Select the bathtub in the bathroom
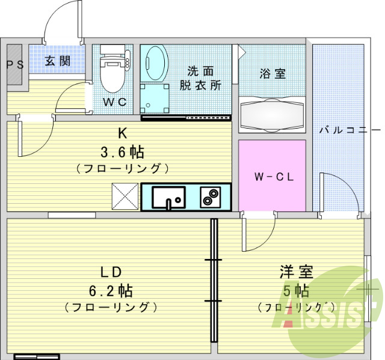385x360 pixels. [x=272, y=115]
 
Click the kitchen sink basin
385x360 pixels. [x=168, y=197]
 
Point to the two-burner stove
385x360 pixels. [x=211, y=197]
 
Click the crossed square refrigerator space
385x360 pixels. [x=125, y=196]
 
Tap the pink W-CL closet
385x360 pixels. [x=272, y=175]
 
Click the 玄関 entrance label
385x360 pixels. [x=58, y=61]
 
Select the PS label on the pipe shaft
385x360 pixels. [x=15, y=65]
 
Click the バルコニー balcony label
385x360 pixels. [x=350, y=130]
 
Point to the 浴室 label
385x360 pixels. [x=273, y=73]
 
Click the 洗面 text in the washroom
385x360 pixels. [x=200, y=71]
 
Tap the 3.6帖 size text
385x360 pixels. [x=122, y=152]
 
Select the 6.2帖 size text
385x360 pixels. [x=111, y=291]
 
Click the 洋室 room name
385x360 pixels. [x=297, y=272]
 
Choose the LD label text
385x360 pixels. [x=111, y=272]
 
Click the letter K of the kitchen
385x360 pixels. [x=123, y=133]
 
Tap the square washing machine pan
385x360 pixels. [x=155, y=99]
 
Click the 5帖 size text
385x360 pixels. [x=296, y=291]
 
